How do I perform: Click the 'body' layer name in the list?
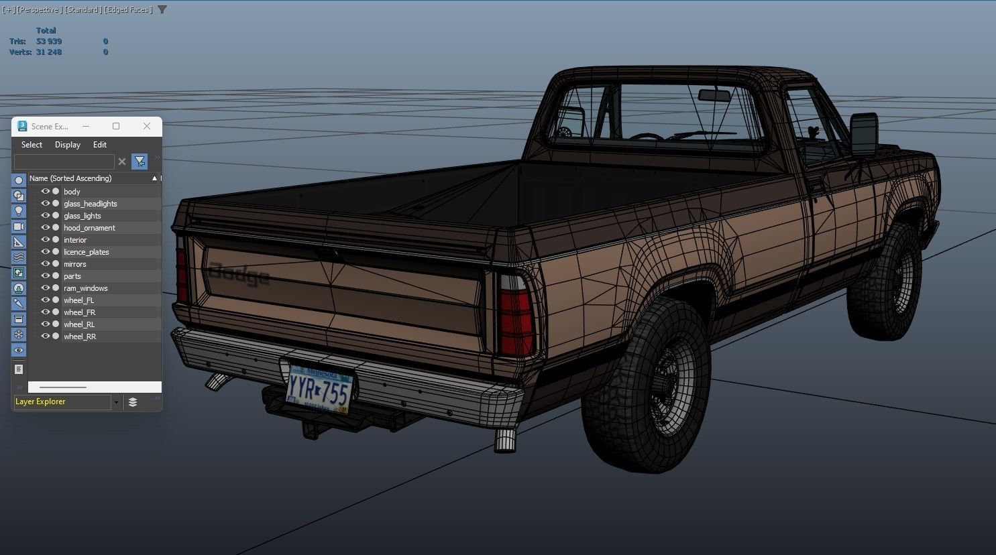point(72,192)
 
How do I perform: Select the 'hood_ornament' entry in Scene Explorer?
point(89,228)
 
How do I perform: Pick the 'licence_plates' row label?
point(86,252)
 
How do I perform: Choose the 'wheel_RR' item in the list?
point(80,336)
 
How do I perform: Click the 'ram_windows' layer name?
point(85,288)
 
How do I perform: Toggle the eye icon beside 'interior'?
point(46,240)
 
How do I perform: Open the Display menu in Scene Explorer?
point(68,145)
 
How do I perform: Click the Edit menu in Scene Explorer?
point(100,145)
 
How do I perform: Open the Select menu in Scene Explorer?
point(32,145)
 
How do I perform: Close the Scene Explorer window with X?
point(147,126)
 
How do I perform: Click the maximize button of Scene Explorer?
point(116,126)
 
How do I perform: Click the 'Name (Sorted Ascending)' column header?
point(70,178)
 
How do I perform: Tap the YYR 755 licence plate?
point(319,387)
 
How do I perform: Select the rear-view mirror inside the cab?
point(714,95)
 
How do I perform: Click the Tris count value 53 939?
point(49,42)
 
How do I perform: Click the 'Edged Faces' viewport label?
point(128,9)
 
